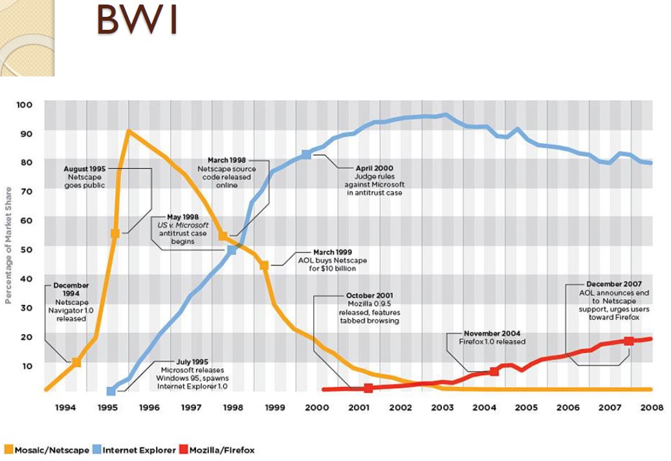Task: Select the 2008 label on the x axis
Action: point(652,408)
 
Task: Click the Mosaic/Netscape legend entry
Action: point(47,449)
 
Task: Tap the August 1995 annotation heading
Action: point(85,168)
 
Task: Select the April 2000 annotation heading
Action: point(374,168)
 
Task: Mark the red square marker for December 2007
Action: point(628,341)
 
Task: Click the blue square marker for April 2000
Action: point(306,155)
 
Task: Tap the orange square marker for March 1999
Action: point(264,265)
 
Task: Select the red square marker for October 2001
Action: point(368,388)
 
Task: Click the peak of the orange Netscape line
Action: point(128,131)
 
